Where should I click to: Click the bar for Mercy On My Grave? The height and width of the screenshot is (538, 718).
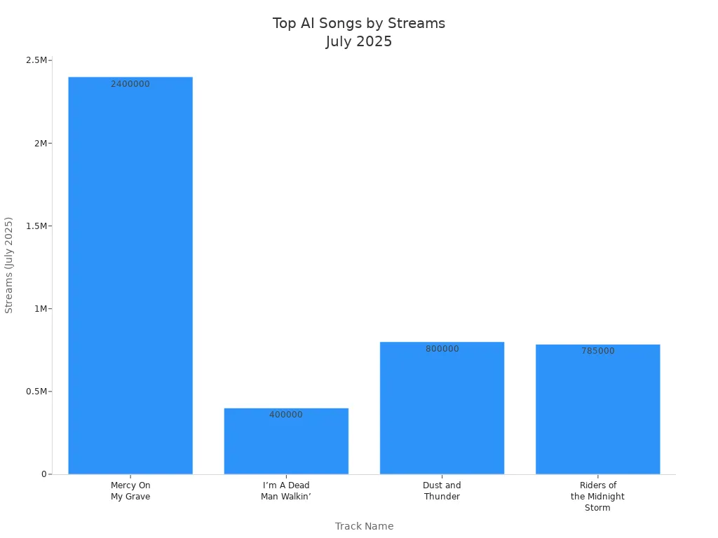tap(130, 275)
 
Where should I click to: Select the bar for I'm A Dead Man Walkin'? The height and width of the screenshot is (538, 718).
tap(286, 441)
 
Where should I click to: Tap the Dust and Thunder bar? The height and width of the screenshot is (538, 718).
tap(442, 408)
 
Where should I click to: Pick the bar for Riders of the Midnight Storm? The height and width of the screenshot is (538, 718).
tap(598, 409)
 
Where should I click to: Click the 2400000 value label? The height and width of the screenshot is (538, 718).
tap(130, 84)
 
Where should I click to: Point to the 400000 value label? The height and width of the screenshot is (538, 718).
tap(286, 415)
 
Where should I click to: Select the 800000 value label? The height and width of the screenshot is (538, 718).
tap(442, 349)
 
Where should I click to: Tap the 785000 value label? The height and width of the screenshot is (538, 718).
tap(598, 351)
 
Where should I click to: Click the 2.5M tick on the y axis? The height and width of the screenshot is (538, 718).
tap(36, 60)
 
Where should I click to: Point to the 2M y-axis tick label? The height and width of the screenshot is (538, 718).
tap(41, 143)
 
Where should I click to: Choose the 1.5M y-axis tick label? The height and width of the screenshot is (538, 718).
tap(36, 226)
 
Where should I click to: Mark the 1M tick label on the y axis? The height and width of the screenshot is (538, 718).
tap(41, 309)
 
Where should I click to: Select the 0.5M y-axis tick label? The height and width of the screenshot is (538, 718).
tap(36, 392)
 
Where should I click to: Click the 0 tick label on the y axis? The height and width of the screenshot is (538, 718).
tap(44, 474)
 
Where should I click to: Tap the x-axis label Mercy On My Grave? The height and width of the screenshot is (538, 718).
tap(130, 491)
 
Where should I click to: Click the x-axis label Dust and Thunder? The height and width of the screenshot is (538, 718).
tap(442, 491)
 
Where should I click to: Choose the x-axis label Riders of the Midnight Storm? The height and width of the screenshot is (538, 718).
tap(597, 497)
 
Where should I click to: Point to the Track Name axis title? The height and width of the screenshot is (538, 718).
tap(364, 526)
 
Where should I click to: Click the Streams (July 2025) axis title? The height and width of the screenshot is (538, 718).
tap(8, 265)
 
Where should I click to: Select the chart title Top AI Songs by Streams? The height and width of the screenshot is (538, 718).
tap(359, 23)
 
